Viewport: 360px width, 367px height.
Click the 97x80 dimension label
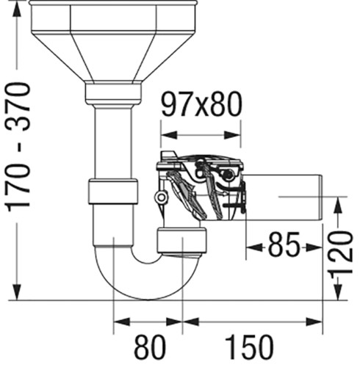tap(202, 104)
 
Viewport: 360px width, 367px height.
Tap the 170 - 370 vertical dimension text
tap(18, 147)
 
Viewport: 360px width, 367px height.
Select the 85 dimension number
tap(284, 244)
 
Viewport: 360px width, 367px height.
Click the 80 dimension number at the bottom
tap(150, 347)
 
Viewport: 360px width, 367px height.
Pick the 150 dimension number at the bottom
tap(248, 347)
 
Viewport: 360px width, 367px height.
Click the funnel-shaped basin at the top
tap(113, 42)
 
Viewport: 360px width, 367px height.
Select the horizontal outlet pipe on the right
tap(283, 197)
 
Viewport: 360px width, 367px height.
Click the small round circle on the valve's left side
tap(161, 197)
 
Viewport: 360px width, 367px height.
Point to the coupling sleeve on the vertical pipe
tap(112, 192)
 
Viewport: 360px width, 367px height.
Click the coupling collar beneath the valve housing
tap(181, 241)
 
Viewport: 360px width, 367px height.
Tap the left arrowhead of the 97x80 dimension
tap(169, 135)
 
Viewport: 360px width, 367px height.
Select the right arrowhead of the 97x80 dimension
tap(232, 135)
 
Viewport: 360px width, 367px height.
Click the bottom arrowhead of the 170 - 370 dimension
tap(17, 291)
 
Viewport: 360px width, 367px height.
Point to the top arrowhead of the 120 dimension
tap(338, 206)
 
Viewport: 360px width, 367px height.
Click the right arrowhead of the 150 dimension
tap(314, 322)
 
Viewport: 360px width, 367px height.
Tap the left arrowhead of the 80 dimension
tap(122, 322)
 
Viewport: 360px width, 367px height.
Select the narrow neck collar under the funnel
tap(113, 94)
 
